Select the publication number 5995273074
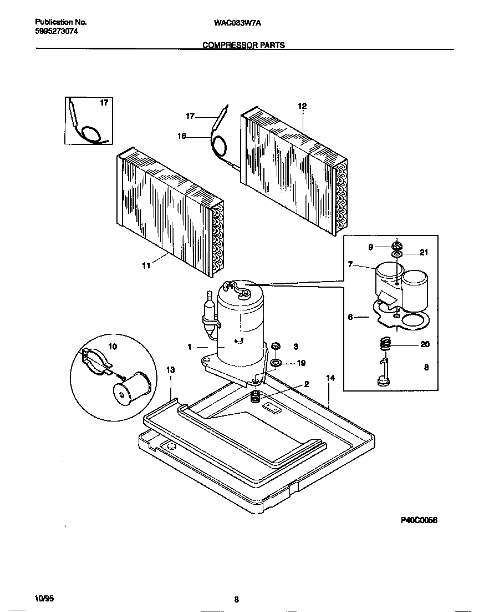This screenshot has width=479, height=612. coord(56,32)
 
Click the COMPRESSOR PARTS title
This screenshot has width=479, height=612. coord(244,46)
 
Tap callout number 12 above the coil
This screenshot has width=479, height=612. coord(302,106)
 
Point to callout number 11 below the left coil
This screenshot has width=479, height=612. coord(146,266)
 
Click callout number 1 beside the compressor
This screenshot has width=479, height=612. coord(189,347)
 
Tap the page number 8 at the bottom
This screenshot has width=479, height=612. coord(236,599)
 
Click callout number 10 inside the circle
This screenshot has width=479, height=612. coord(113,347)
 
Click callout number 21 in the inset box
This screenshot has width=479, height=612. coord(424,253)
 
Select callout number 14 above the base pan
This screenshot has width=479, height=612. coord(330,378)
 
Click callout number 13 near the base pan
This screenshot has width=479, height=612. coord(170,370)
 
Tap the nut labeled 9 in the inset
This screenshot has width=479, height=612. coord(396,245)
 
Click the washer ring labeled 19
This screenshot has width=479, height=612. coord(275,364)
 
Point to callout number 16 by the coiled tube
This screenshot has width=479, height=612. coord(181,136)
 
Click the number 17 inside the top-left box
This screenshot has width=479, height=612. coord(104,103)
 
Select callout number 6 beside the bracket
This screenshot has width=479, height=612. coord(350,317)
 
